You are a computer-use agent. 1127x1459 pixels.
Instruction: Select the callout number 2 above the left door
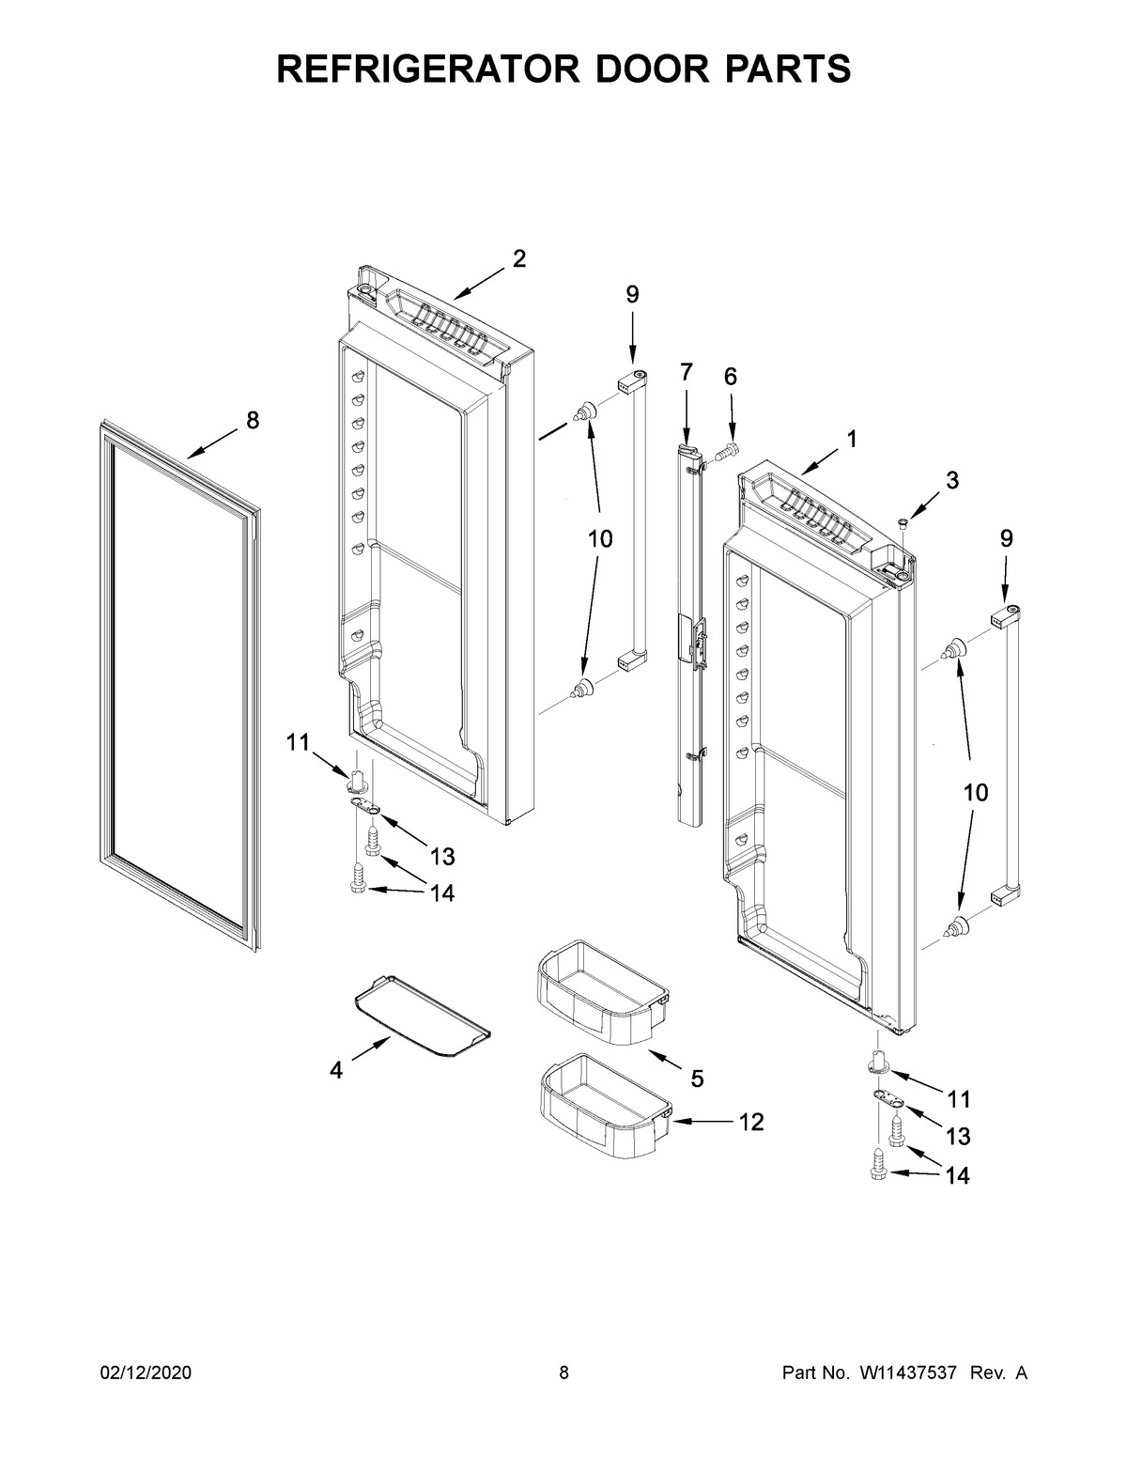pyautogui.click(x=518, y=259)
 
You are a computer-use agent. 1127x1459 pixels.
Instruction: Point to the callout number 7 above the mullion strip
pyautogui.click(x=686, y=373)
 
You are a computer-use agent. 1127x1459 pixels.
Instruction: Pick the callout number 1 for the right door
pyautogui.click(x=851, y=438)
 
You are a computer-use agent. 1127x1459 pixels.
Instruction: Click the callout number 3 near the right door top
pyautogui.click(x=951, y=480)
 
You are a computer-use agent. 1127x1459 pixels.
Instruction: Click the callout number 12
pyautogui.click(x=750, y=1121)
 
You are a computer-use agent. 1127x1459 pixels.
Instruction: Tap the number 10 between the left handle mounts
pyautogui.click(x=600, y=539)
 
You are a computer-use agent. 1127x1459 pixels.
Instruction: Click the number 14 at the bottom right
pyautogui.click(x=956, y=1174)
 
